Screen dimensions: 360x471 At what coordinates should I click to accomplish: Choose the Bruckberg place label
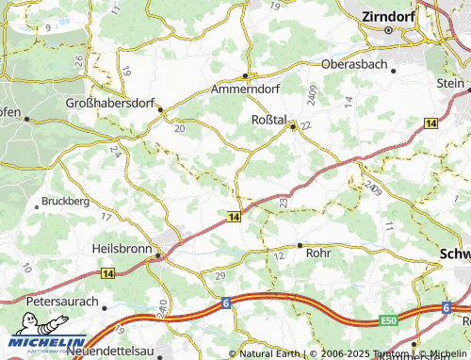click(65, 202)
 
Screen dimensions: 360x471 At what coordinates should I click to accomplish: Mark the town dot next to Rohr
click(300, 245)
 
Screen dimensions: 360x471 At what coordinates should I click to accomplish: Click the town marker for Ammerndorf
click(245, 75)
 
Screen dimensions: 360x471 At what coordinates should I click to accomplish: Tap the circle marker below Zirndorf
click(388, 29)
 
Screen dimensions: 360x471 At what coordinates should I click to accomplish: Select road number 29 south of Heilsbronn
click(220, 274)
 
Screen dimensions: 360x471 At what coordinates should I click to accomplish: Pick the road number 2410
click(163, 308)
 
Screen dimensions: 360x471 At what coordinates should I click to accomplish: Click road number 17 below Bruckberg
click(106, 217)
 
